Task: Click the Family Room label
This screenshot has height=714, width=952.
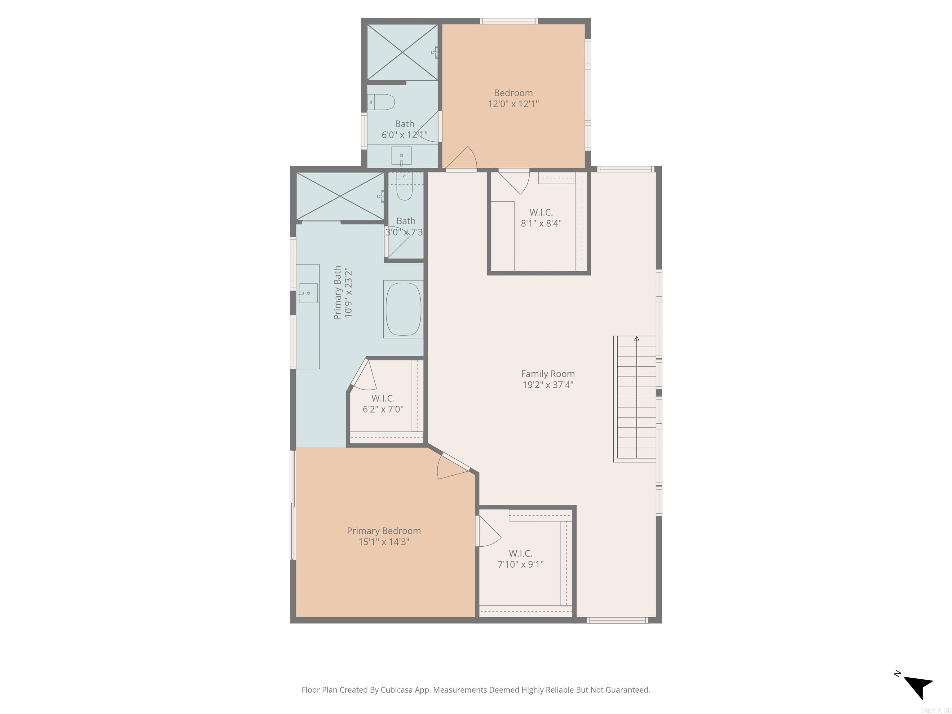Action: coord(548,373)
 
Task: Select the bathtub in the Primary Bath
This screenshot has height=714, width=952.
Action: coord(403,309)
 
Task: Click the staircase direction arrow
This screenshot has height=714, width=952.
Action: coord(637,339)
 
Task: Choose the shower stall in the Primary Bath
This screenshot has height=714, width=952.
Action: coord(340,197)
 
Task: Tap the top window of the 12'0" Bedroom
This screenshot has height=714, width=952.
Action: coord(509,21)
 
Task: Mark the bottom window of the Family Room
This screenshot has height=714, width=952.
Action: coord(617,620)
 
